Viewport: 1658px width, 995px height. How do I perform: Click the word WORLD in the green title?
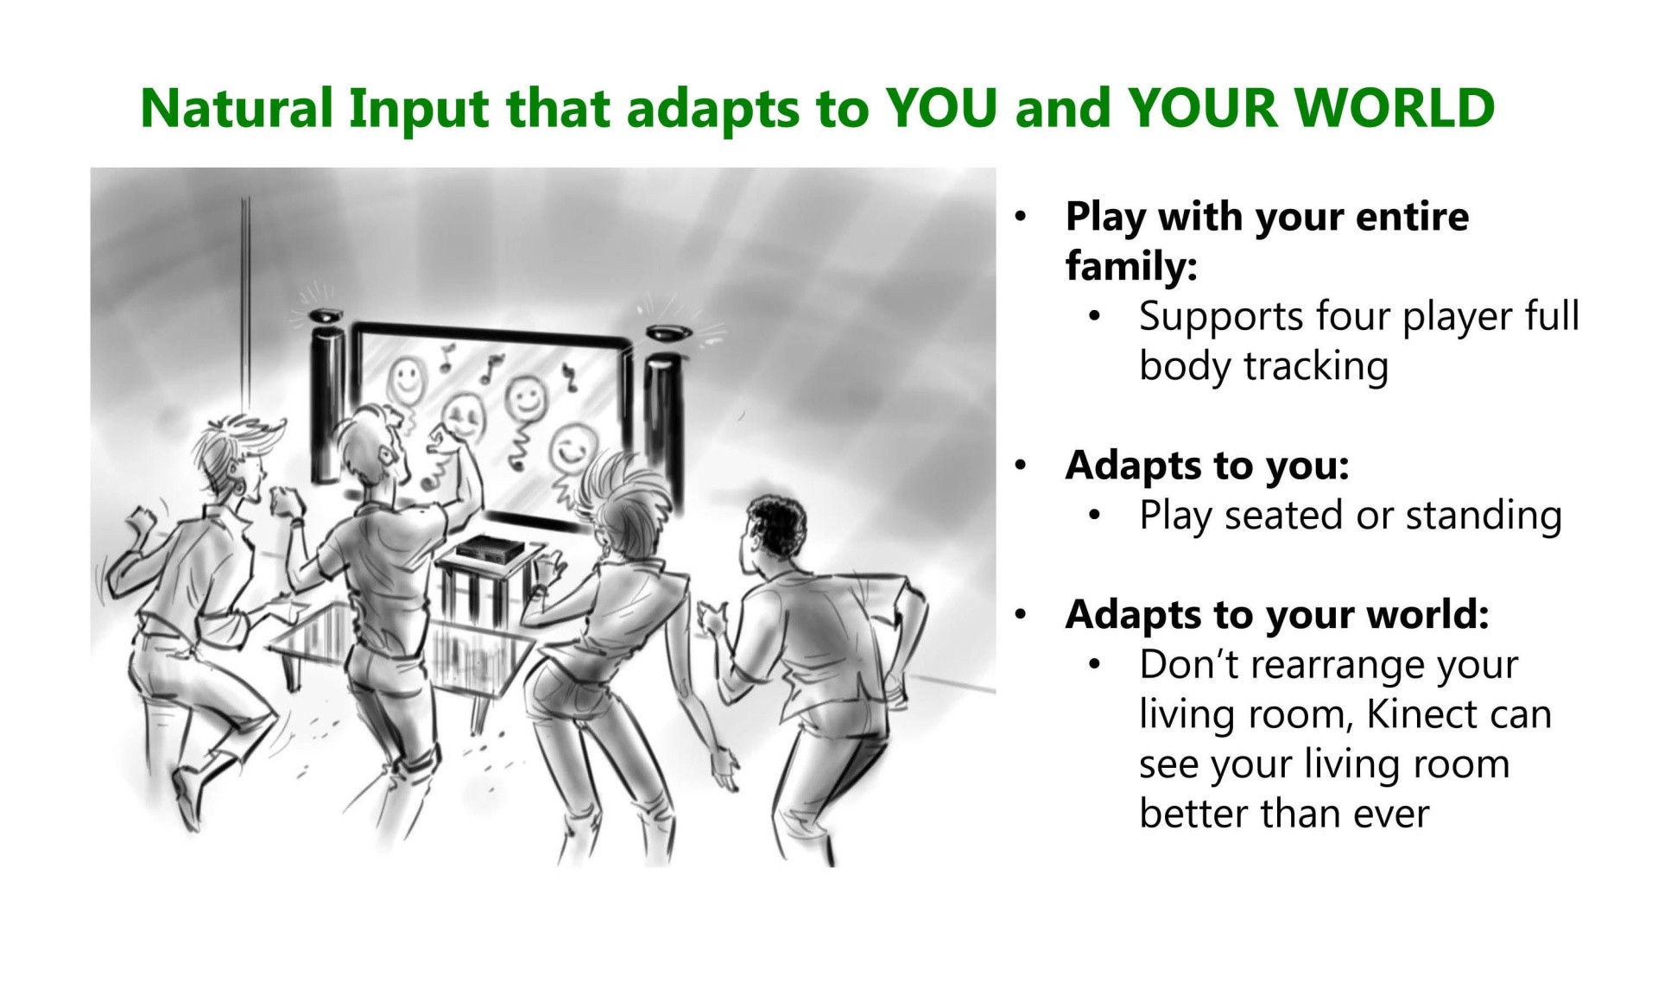point(1395,108)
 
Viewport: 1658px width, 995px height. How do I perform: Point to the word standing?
point(1484,516)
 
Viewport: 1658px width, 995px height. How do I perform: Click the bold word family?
point(1131,266)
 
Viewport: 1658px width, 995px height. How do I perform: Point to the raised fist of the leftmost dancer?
point(140,521)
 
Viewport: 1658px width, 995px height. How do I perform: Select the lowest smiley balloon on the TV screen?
point(570,447)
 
